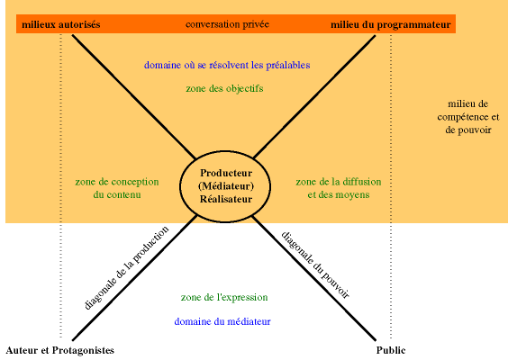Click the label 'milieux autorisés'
coord(61,24)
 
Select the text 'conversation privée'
coord(227,24)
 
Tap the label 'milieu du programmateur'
coord(391,25)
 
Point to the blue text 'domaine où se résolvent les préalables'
coord(227,65)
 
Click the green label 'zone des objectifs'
coord(224,89)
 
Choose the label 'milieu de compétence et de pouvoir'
coord(468,117)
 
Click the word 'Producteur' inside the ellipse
coord(226,173)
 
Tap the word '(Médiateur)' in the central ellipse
coord(226,186)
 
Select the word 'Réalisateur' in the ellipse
coord(226,199)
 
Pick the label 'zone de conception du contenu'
coord(117,188)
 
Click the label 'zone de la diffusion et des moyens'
coord(339,188)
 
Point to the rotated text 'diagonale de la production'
coord(127,267)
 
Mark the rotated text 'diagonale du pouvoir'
coord(315,265)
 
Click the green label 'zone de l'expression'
coord(224,298)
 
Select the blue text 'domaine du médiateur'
coord(222,322)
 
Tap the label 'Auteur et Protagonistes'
coord(60,350)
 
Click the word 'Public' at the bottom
coord(391,350)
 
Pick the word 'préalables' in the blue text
coord(288,66)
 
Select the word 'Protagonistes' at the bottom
coord(83,351)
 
